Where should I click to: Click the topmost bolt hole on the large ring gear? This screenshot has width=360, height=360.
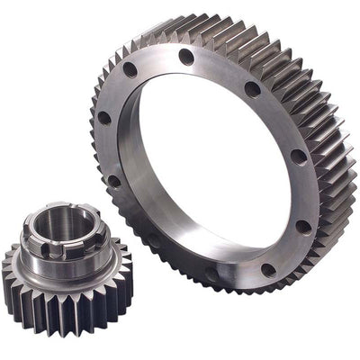186,57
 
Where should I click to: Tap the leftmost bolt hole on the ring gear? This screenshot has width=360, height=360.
104,118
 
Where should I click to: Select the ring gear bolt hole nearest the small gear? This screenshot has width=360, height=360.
114,180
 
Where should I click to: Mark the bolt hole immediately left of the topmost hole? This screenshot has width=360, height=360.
130,69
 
